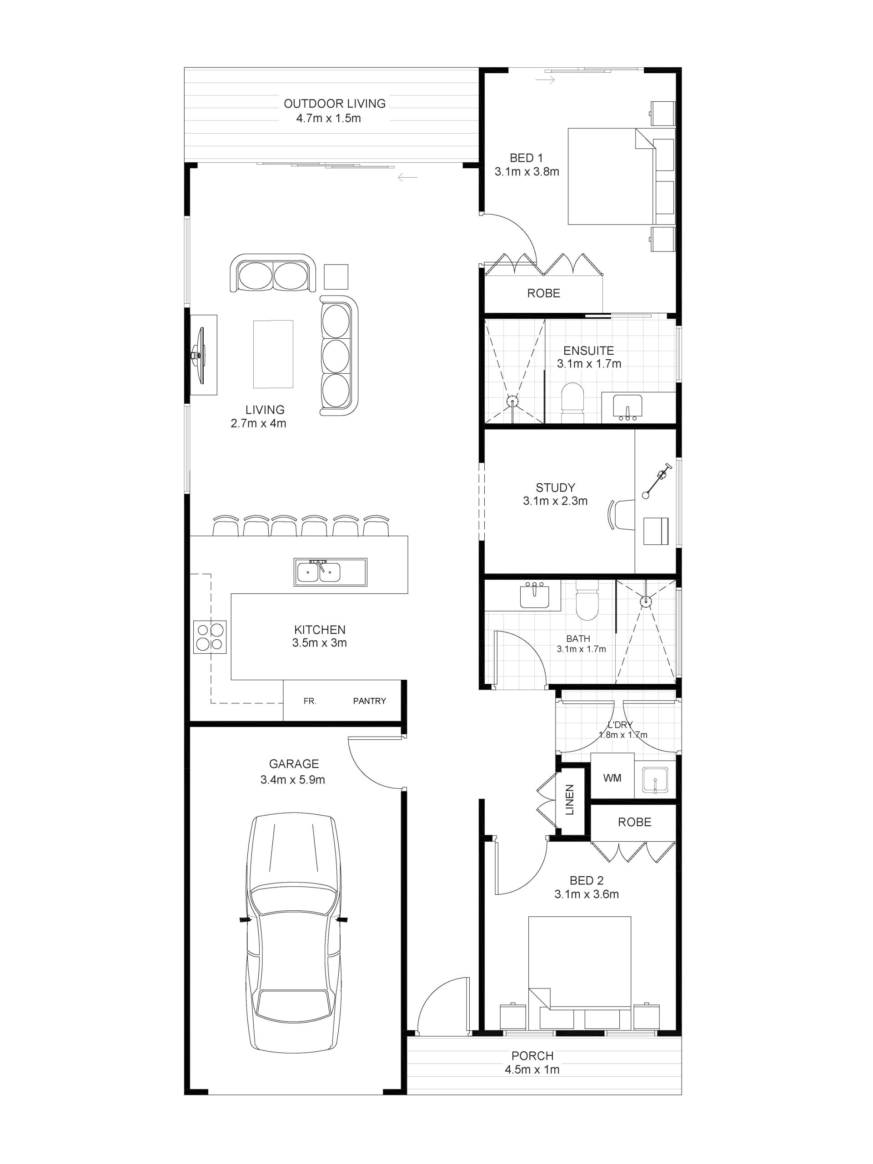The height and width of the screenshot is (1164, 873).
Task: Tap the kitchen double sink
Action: click(x=330, y=572)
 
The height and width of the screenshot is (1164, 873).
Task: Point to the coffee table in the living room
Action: click(x=273, y=354)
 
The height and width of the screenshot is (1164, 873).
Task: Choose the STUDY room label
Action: click(x=555, y=487)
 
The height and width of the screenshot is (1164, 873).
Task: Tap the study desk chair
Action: click(x=622, y=514)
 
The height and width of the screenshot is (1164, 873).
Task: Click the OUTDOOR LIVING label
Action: click(x=335, y=104)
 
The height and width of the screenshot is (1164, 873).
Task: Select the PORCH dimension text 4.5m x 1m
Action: click(x=532, y=1069)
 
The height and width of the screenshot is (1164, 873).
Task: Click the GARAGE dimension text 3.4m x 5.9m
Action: click(x=292, y=779)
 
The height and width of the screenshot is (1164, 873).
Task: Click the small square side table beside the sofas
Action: click(x=336, y=277)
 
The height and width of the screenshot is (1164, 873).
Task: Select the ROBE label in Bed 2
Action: click(x=635, y=822)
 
